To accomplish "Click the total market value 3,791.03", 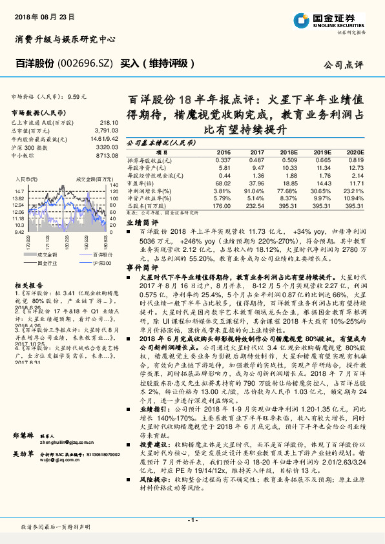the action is point(105,129).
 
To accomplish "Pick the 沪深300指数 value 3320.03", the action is point(106,147).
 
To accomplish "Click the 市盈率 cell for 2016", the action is point(222,183).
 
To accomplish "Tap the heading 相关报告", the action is point(25,285).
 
